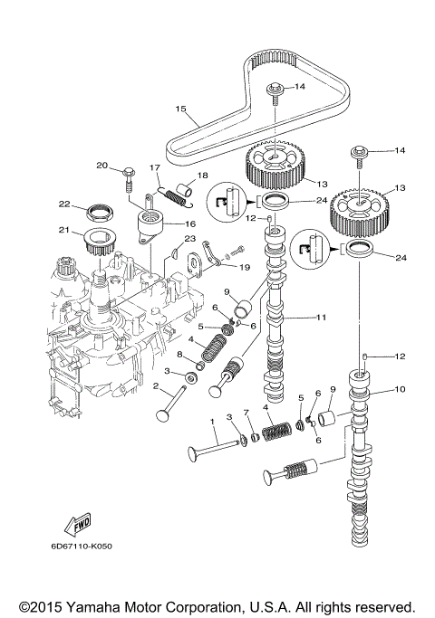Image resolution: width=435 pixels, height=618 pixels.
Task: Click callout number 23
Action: coord(189,238)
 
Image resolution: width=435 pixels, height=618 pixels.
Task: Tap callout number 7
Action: coord(245,413)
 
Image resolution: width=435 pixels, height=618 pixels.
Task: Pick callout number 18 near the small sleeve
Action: coord(203,175)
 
